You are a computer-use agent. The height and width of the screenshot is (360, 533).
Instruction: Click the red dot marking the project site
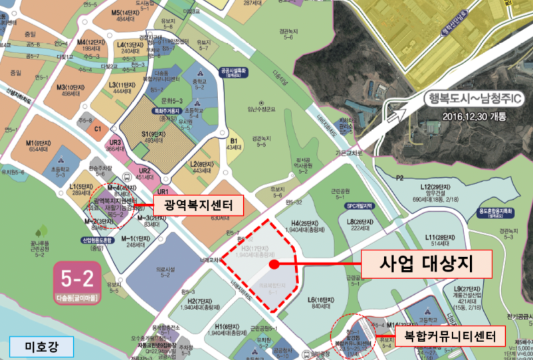click(x=274, y=264)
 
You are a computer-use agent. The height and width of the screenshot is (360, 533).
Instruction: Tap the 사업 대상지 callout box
click(x=425, y=264)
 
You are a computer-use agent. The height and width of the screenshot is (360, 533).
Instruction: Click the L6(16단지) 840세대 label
click(x=320, y=304)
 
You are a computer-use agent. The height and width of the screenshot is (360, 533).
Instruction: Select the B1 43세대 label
click(x=233, y=143)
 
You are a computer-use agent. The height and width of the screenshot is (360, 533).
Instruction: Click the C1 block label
click(x=97, y=129)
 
